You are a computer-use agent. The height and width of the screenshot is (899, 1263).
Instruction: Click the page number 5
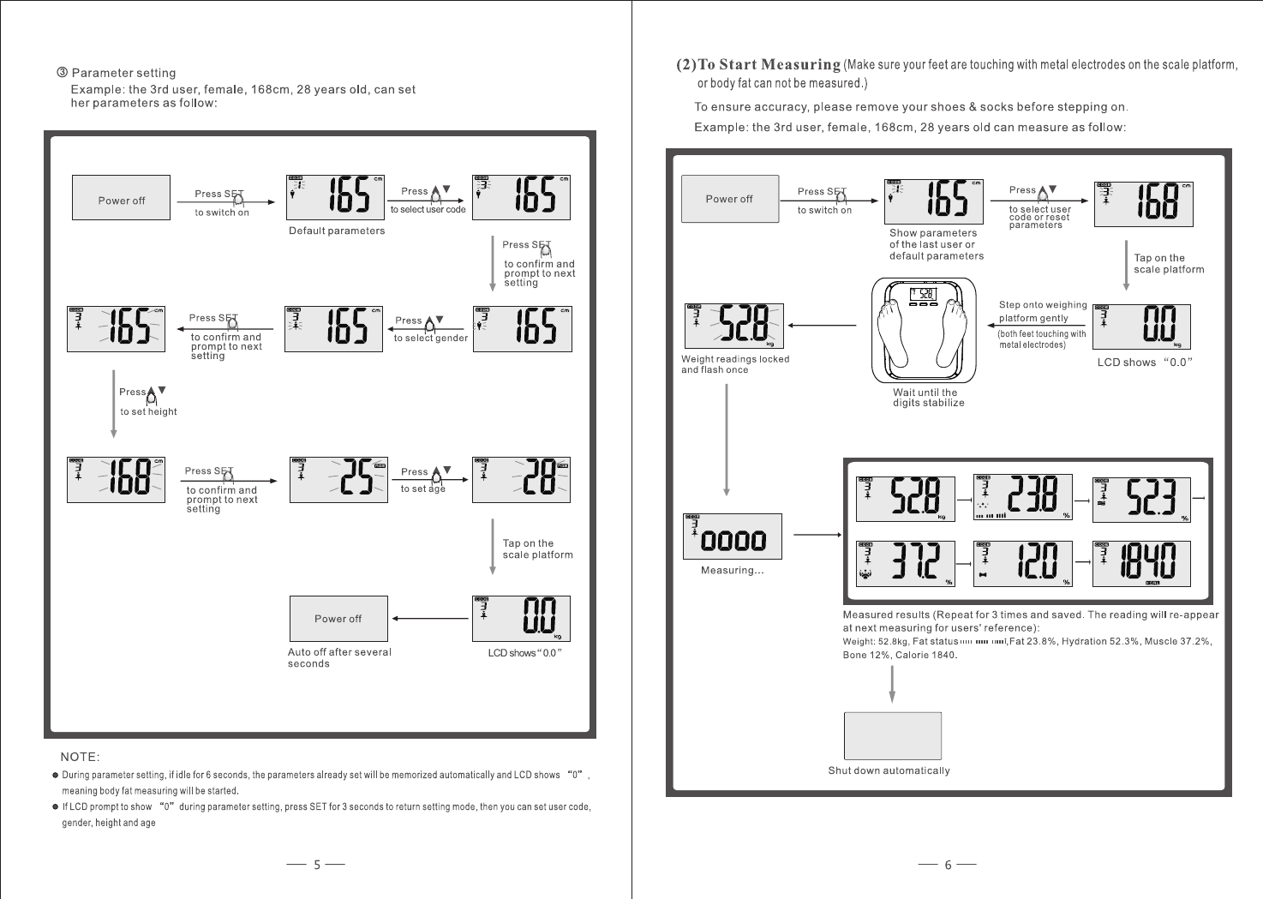316,865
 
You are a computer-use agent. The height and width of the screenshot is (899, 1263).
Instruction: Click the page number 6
948,865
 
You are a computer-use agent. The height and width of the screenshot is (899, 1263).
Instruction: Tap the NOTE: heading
80,757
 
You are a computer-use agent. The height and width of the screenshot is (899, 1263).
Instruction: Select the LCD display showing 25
338,479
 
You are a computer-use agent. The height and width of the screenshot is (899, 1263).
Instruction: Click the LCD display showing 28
521,479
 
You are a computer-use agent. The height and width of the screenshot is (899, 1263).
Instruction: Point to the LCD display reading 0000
732,536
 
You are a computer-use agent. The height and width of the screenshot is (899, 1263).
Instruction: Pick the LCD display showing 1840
1141,563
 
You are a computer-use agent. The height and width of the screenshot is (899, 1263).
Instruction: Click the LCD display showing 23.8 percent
1023,497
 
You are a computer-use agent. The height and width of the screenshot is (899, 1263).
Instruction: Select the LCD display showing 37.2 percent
906,563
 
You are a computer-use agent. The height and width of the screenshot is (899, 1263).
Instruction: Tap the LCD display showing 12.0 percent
1023,563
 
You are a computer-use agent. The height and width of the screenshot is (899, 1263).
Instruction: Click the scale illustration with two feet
925,330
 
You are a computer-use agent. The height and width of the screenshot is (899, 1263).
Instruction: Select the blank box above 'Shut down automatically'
892,735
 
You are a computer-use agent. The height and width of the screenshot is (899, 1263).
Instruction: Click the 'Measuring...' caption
732,571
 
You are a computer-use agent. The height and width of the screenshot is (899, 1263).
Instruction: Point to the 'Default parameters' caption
337,231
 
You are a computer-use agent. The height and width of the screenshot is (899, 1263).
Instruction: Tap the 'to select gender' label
430,339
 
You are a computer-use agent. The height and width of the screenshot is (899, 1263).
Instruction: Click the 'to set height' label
148,411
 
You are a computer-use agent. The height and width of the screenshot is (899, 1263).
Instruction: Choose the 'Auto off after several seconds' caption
338,657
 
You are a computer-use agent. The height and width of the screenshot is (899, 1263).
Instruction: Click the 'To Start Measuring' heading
769,65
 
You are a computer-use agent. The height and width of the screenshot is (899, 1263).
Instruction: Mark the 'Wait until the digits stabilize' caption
928,398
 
